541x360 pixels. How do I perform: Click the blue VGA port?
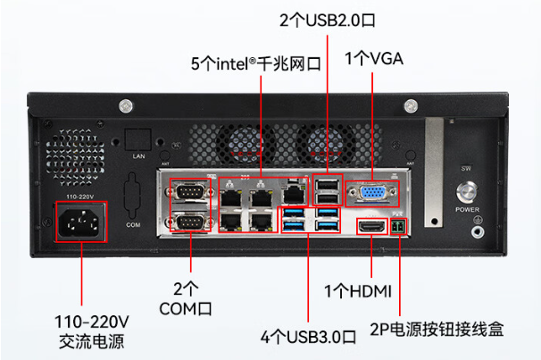371,194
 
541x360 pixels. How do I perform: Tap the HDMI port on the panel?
371,228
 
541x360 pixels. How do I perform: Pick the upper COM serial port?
191,192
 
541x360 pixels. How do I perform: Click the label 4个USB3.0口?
308,337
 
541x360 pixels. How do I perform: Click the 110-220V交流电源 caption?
91,330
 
